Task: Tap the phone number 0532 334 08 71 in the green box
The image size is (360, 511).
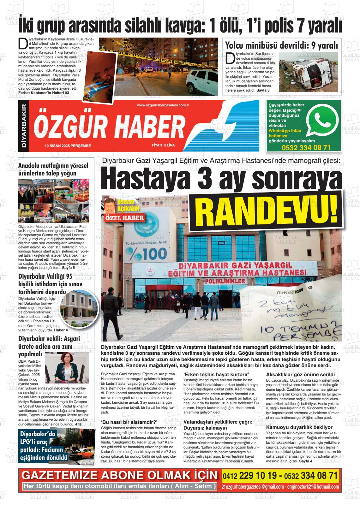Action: [306, 148]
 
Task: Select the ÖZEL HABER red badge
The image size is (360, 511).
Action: [125, 217]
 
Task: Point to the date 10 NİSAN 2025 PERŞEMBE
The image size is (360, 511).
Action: [68, 146]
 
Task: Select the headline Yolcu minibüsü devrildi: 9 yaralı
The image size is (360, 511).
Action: [281, 45]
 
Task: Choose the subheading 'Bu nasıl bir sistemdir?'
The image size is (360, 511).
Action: [129, 422]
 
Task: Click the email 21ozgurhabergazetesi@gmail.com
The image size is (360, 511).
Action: [253, 487]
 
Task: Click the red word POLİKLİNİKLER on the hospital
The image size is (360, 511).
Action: [225, 281]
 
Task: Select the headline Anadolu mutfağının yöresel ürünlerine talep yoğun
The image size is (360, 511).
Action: [53, 169]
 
